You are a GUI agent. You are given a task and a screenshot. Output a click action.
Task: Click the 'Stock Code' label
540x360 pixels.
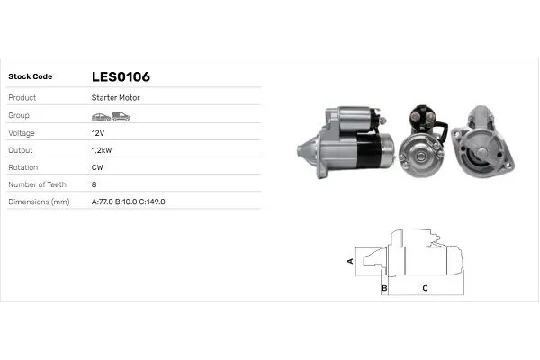(31, 76)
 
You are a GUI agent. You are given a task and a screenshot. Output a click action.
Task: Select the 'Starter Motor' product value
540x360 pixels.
(115, 97)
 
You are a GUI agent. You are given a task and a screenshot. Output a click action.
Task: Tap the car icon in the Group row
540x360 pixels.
(100, 116)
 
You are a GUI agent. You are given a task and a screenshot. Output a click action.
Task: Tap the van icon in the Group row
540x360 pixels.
(121, 116)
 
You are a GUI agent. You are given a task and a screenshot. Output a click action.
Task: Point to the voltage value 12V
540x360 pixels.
(98, 132)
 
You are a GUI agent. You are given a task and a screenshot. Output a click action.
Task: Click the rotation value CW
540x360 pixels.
(97, 167)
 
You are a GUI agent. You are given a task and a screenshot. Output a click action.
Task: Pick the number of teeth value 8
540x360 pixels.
(94, 184)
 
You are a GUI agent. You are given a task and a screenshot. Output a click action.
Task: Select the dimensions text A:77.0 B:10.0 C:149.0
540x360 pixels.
(129, 202)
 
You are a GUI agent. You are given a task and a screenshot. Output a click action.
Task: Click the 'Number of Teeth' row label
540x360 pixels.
(39, 184)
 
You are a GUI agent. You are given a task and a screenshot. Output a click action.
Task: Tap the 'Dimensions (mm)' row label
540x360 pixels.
(39, 202)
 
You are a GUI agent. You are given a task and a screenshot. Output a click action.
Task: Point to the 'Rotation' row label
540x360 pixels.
(22, 167)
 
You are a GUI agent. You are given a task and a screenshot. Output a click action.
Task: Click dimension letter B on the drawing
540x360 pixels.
(384, 288)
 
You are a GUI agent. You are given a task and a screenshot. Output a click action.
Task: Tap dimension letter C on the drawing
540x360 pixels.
(425, 288)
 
